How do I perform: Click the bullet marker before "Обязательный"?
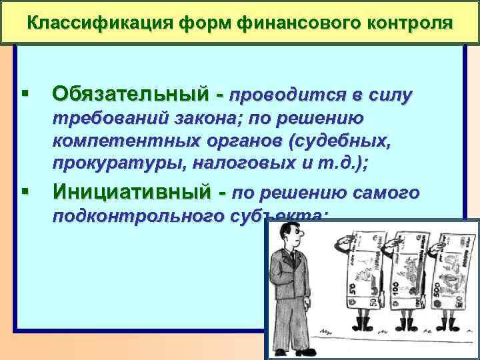coord(25,94)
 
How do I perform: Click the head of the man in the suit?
coord(289,236)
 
